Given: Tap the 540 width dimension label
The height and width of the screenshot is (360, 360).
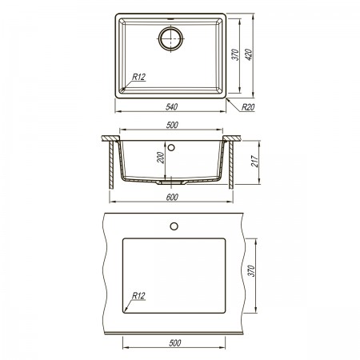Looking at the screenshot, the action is point(171,107).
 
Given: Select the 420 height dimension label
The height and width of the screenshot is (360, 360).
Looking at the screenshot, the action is point(249,54).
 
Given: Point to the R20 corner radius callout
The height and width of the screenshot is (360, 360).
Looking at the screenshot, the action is point(248,107).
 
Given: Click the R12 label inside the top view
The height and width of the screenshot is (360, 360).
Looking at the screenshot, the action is point(138,77).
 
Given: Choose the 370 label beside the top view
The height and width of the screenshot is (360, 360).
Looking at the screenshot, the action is point(236,54).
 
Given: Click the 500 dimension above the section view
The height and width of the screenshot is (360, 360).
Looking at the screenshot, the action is point(172,125).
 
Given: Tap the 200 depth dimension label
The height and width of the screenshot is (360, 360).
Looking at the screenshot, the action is point(161,158).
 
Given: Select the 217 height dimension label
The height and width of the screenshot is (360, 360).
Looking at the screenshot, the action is point(255,162).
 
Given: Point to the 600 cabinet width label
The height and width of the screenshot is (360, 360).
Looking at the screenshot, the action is point(172,198).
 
